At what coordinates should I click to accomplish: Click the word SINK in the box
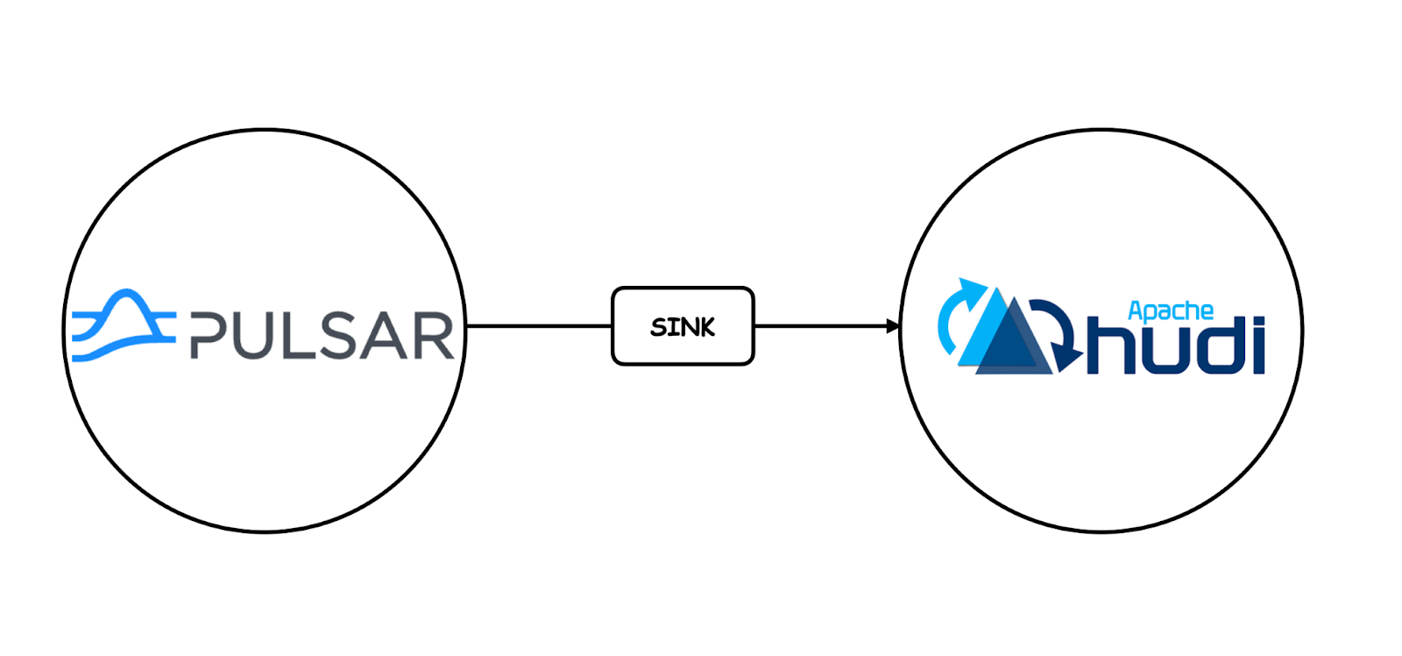pos(682,327)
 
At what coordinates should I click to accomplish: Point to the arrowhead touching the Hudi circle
pos(893,326)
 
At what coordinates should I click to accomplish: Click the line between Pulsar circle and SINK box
pos(539,326)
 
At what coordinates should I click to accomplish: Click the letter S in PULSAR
pos(347,335)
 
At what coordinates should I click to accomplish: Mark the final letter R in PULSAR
pos(435,335)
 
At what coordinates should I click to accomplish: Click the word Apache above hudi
pos(1170,311)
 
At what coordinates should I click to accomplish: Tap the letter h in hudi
pos(1110,346)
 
